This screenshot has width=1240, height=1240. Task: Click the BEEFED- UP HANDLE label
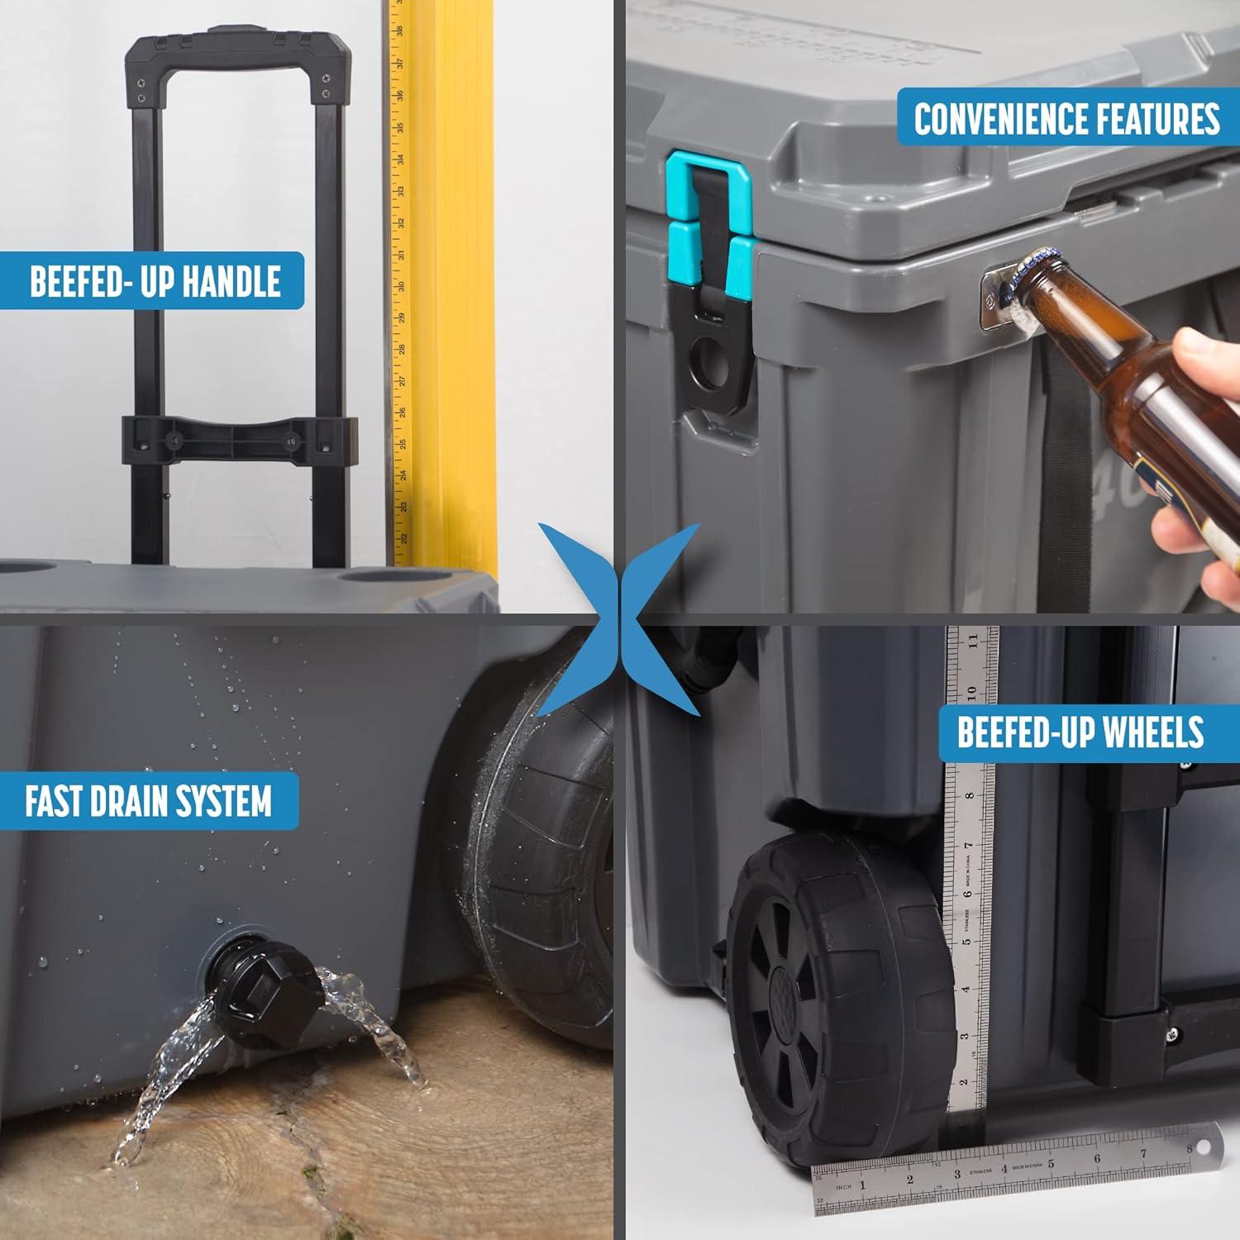[x=155, y=281]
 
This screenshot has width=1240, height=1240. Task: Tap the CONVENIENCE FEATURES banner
[x=1066, y=118]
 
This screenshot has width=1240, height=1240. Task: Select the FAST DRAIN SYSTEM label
[x=148, y=801]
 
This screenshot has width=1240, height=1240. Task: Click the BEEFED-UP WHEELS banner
[x=1080, y=732]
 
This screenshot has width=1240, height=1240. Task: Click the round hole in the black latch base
[x=708, y=365]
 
